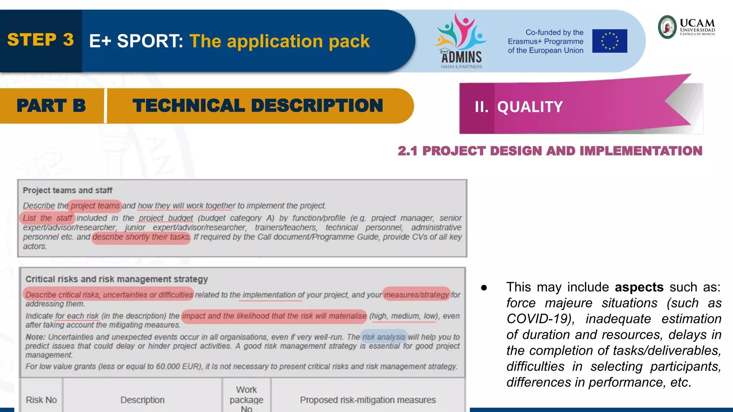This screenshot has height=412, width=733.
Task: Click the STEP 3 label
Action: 40,40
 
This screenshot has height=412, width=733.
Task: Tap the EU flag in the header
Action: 610,41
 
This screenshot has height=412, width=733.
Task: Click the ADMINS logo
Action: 461,41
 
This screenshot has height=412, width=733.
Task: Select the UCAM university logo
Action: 686,27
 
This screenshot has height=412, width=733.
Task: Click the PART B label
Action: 51,106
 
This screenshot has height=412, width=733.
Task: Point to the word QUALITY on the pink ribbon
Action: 530,107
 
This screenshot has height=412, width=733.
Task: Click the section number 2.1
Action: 407,151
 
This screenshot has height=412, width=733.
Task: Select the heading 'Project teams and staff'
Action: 68,190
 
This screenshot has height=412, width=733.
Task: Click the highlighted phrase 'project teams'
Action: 95,206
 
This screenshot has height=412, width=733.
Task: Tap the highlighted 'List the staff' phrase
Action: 47,218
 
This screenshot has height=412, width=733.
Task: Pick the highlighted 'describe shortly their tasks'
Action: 141,237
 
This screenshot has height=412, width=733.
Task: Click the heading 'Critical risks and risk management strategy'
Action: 117,279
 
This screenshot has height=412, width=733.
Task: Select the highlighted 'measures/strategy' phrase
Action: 416,294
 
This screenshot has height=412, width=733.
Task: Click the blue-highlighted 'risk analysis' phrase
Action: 384,337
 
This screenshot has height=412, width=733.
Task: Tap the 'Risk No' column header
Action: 41,400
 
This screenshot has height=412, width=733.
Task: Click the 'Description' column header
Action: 142,400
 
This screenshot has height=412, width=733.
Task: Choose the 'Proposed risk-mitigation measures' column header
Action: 368,400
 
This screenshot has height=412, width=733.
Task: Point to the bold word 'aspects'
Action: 639,287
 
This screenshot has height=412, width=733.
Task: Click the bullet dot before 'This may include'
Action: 484,288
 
